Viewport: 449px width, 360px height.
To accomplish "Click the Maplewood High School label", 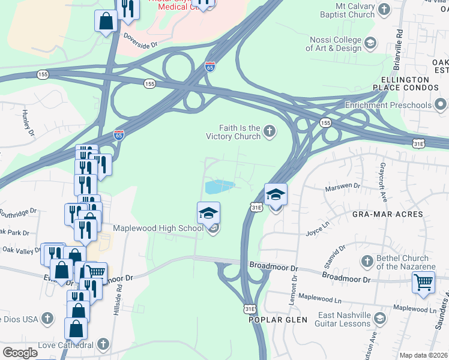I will coord(158,228).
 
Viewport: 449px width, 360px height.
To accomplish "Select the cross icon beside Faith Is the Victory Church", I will coord(270,131).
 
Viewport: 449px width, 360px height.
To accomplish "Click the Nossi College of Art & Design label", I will coord(336,44).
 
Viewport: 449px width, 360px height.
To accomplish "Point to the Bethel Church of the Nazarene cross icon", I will coord(367,262).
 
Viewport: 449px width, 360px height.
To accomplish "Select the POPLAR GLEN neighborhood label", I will coord(274,320).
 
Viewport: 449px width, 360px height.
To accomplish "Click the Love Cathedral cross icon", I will coord(104,344).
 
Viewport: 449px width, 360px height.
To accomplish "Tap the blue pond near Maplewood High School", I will coord(219,187).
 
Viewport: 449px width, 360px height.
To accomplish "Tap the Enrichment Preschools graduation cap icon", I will coord(441,106).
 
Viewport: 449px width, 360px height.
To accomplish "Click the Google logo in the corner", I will coord(20,353).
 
